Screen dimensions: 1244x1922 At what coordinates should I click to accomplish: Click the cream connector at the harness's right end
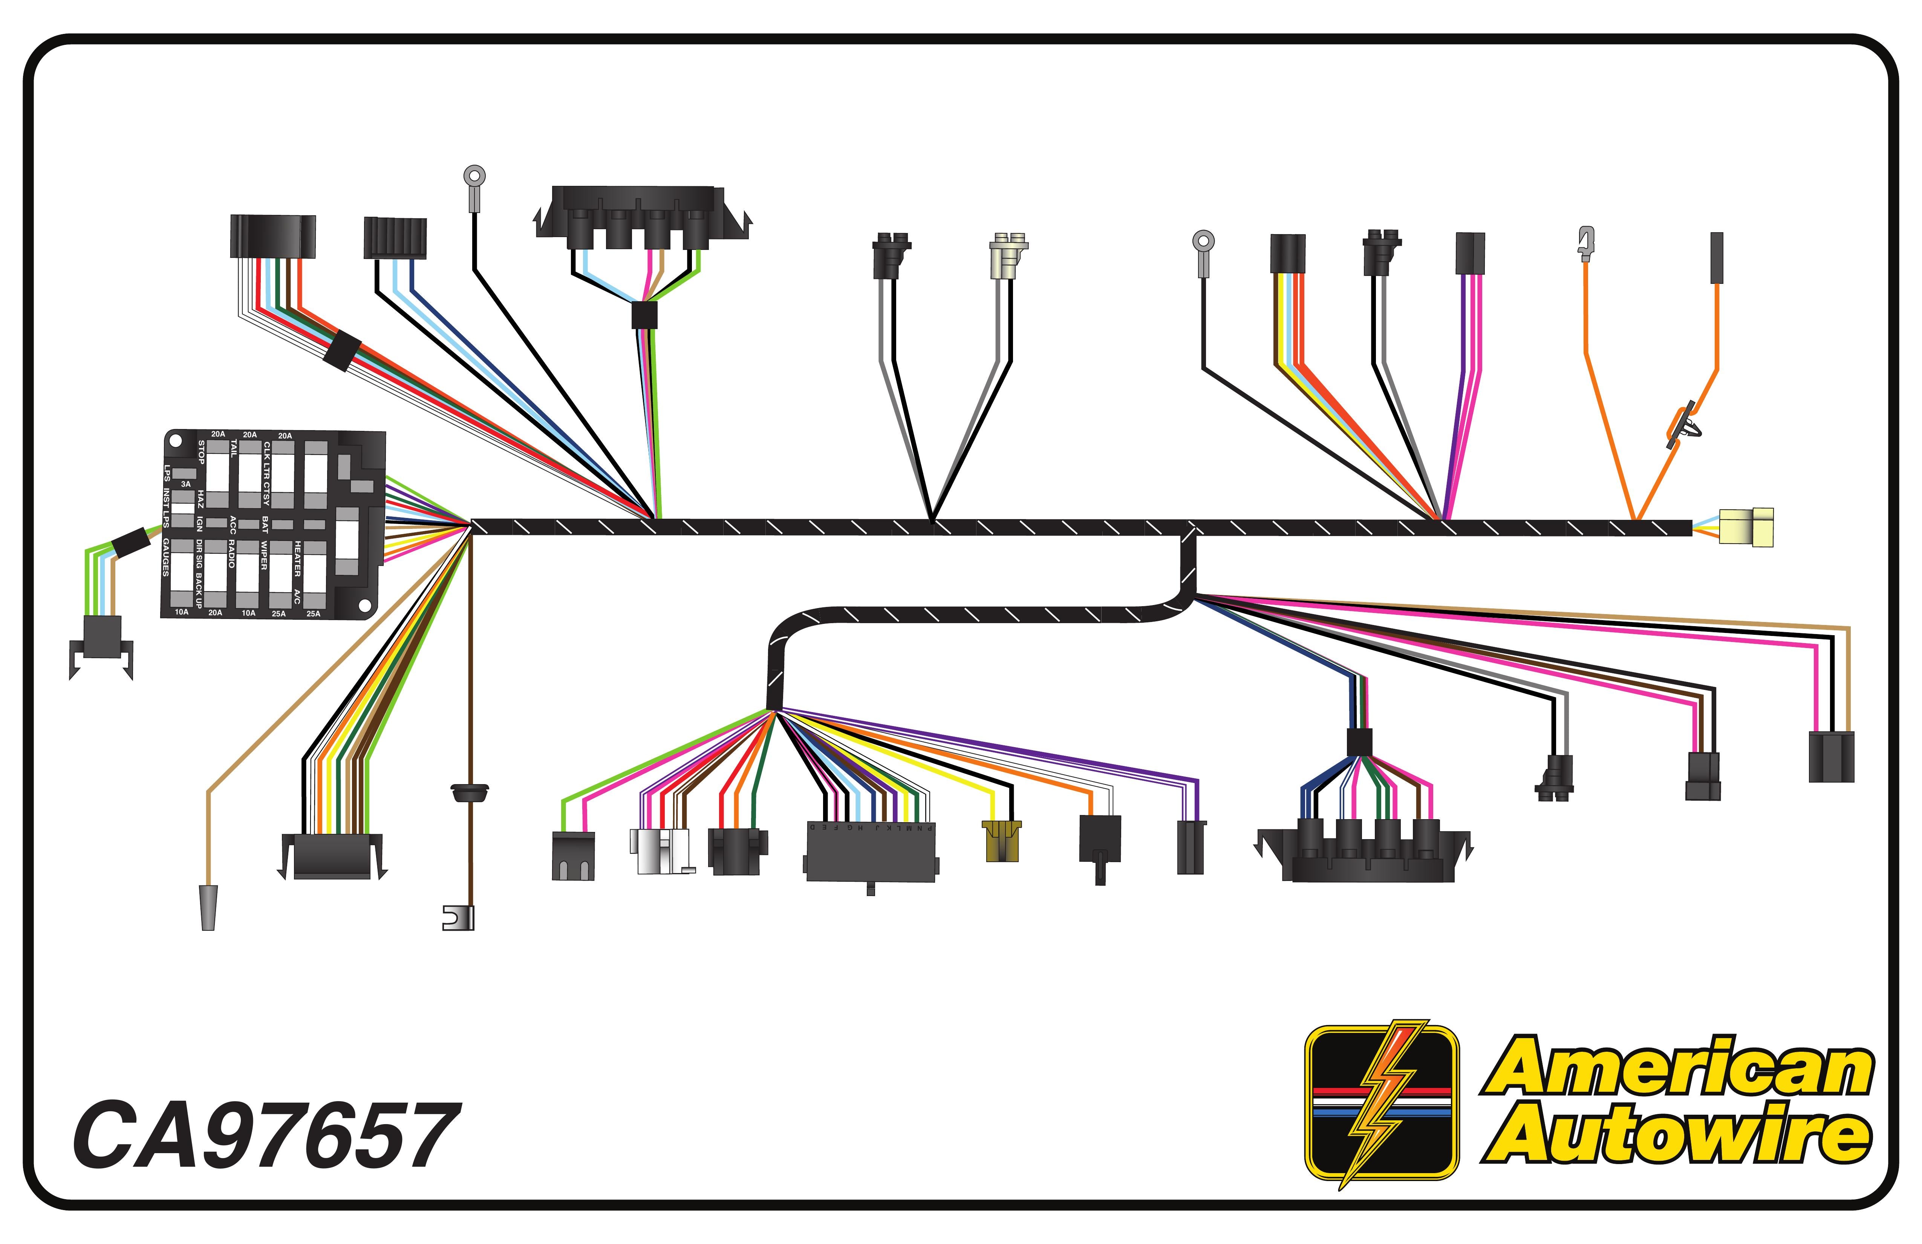[1746, 527]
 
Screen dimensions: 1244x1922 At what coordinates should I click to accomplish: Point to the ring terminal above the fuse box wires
[474, 176]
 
